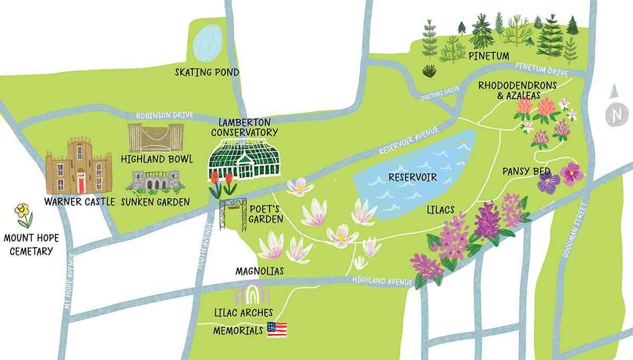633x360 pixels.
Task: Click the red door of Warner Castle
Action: click(81, 183)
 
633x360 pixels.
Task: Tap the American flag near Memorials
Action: click(277, 329)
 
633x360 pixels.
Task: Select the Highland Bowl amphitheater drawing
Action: click(156, 138)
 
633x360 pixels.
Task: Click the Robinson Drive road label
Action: click(158, 114)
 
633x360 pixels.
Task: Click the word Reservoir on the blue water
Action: click(413, 177)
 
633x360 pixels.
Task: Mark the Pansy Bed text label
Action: click(526, 171)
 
